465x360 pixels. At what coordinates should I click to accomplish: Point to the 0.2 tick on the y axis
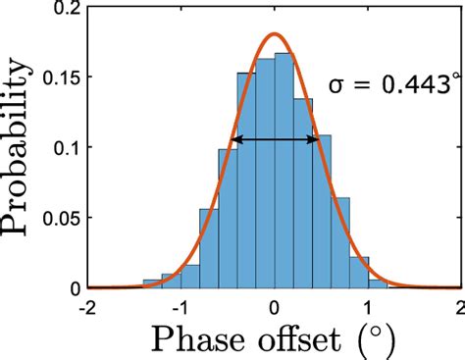click(68, 8)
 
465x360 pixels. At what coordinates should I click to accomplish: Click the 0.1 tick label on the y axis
click(68, 148)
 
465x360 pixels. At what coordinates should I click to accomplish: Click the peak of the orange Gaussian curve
click(275, 34)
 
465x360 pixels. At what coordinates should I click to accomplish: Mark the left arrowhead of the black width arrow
click(234, 140)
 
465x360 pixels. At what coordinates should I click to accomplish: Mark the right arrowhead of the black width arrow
click(316, 140)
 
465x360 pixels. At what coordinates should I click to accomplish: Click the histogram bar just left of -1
click(171, 281)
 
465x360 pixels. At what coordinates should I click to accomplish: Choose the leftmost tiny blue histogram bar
click(152, 284)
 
